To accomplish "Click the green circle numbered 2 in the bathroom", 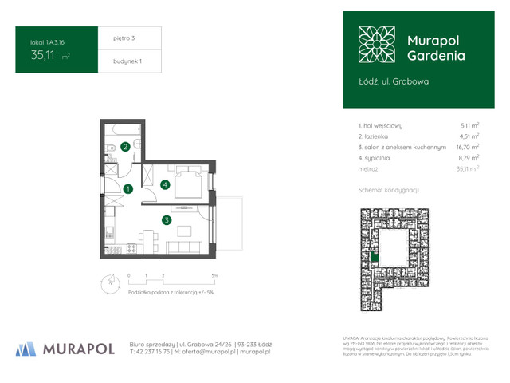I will tap(126, 147).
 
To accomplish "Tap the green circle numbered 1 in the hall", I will tap(127, 189).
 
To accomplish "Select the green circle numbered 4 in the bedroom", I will tap(165, 184).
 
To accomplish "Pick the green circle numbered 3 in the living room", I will tap(166, 220).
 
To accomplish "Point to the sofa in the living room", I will tap(187, 231).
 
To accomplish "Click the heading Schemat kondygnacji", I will tap(389, 190).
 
